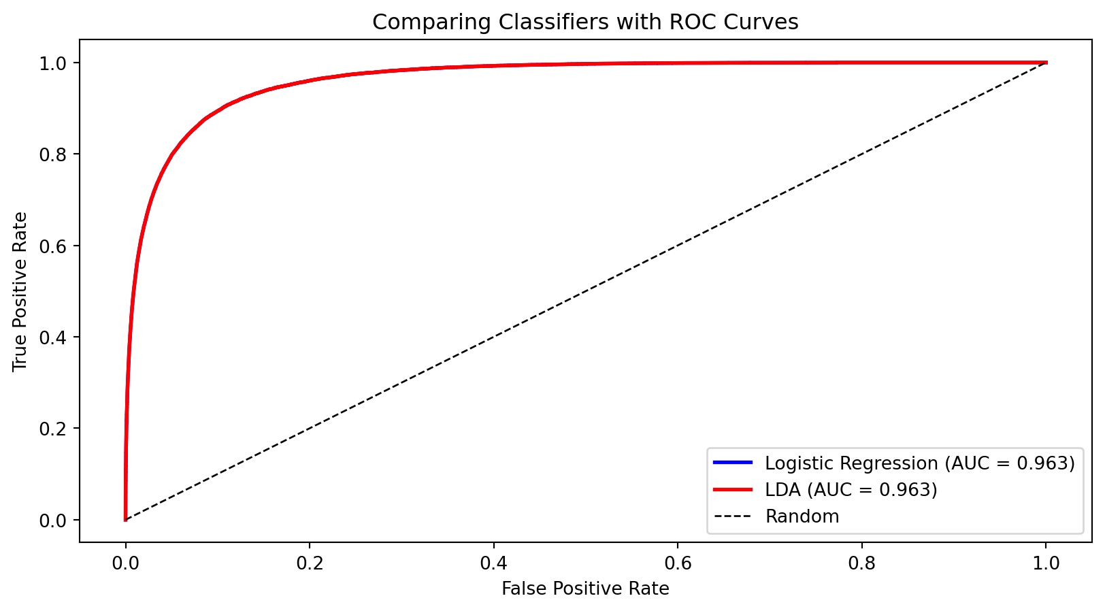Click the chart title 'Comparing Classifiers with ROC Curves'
point(585,22)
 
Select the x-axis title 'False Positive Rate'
point(585,589)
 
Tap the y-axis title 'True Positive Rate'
point(20,291)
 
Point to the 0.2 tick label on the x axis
point(310,564)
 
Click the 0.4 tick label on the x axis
point(493,564)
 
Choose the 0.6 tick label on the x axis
point(678,564)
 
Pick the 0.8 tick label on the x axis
point(862,564)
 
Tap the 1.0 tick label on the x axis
point(1046,564)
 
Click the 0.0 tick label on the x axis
point(125,564)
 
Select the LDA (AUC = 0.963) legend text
point(851,490)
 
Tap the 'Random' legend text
point(802,516)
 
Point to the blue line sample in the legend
point(733,463)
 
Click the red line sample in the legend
point(733,490)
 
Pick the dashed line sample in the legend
point(733,516)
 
